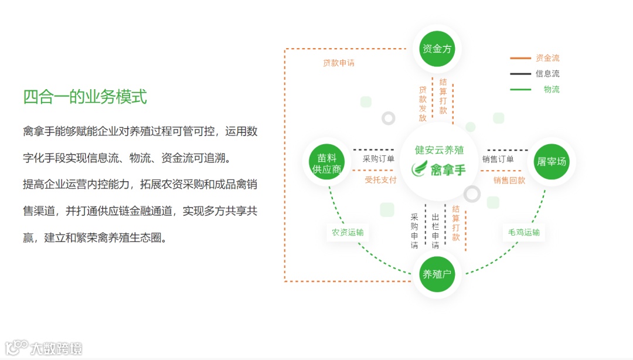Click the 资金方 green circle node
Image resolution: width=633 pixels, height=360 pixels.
(437, 49)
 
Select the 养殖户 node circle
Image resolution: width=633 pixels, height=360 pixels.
(437, 274)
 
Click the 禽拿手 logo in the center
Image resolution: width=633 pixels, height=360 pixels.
(439, 169)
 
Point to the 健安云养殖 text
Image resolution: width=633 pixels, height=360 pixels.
(439, 150)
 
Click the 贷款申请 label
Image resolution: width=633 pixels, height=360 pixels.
(338, 63)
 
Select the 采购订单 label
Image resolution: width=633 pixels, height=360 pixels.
(378, 159)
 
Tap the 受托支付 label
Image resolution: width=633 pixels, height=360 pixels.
(380, 180)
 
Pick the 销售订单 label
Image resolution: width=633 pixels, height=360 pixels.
(498, 159)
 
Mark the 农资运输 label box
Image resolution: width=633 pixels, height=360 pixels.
(348, 232)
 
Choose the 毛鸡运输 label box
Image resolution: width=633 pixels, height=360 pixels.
(523, 232)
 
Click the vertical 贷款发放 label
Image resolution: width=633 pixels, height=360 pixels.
(423, 104)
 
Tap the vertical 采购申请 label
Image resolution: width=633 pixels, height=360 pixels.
(414, 231)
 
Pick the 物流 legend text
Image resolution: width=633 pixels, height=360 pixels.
(551, 89)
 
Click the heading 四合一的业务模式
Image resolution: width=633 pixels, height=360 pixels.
(85, 97)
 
